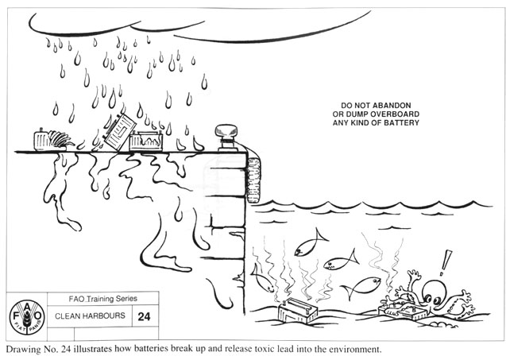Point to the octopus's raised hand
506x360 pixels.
414,276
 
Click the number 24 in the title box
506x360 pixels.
144,315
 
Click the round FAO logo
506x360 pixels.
25,315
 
